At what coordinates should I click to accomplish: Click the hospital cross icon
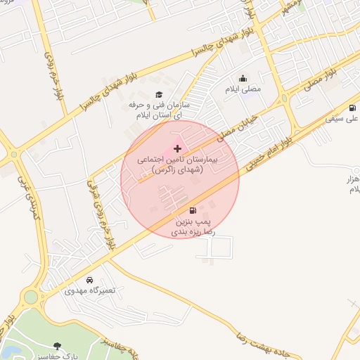[x=177, y=148]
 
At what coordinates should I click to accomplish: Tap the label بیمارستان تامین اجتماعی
[x=177, y=165]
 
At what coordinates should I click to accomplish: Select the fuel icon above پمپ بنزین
[x=193, y=210]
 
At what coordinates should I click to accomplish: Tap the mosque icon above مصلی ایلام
[x=243, y=78]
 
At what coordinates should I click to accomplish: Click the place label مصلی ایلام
[x=243, y=89]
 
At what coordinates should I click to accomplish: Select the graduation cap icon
[x=159, y=94]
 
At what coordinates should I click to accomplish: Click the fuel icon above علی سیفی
[x=352, y=108]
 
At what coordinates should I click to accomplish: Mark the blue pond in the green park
[x=10, y=350]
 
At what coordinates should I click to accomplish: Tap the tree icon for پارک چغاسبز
[x=57, y=345]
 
